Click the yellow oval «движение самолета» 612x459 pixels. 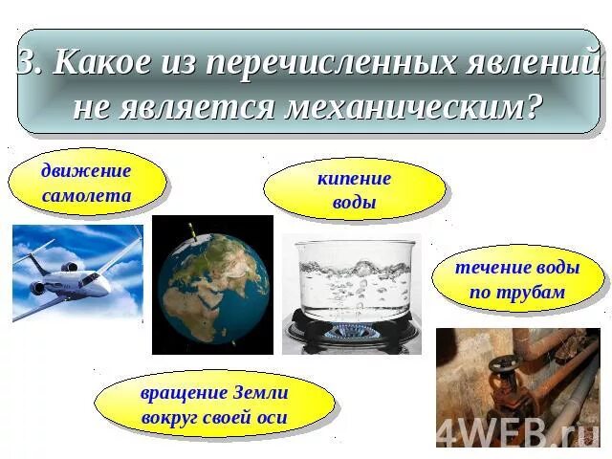pyautogui.click(x=87, y=183)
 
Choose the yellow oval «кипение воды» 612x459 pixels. pyautogui.click(x=354, y=189)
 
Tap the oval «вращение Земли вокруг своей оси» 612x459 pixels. pyautogui.click(x=214, y=404)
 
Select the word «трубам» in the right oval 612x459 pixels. pyautogui.click(x=536, y=293)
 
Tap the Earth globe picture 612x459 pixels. pyautogui.click(x=212, y=284)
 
